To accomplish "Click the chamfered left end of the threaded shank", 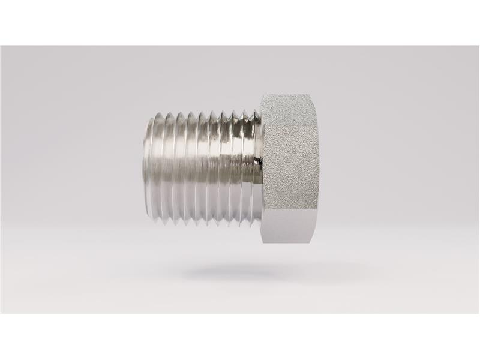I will point(148,168).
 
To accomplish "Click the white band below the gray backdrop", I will point(240,336).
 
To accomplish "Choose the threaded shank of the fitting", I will point(204,168).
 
